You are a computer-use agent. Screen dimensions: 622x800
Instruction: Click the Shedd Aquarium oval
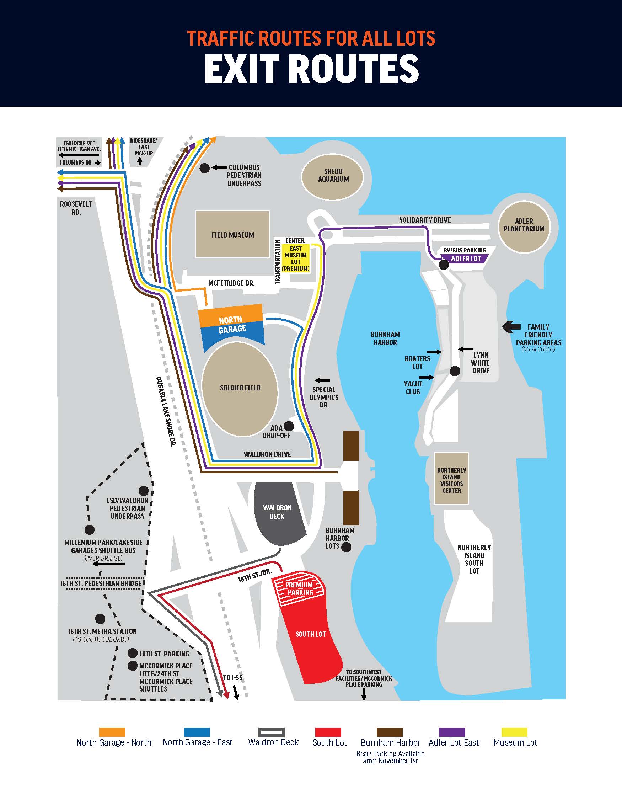coord(332,177)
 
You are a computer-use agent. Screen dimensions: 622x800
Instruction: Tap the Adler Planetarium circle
coord(524,227)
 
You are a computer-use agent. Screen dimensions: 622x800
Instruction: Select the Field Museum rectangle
coord(233,234)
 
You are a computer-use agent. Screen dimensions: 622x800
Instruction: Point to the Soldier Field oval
coord(240,389)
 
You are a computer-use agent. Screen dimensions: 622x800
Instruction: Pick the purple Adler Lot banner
coord(465,259)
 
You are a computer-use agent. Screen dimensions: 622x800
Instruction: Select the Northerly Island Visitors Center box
coord(451,478)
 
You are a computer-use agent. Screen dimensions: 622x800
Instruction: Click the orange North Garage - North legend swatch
coord(112,732)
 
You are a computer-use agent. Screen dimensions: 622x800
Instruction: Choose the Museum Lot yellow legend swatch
coord(514,732)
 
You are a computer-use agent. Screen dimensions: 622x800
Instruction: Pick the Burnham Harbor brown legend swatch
coord(390,732)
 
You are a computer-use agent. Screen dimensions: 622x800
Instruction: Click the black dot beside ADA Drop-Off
coord(289,426)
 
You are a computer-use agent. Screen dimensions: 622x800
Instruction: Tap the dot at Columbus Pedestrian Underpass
coord(205,168)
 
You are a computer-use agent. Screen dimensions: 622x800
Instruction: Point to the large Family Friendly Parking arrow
coord(511,327)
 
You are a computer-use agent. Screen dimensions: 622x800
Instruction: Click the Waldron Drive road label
coord(267,454)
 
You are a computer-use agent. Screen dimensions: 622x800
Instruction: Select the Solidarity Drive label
coord(425,220)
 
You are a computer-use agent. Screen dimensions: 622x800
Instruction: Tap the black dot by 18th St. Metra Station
coord(100,619)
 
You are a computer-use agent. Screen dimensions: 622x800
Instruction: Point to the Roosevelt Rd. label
coord(76,208)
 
